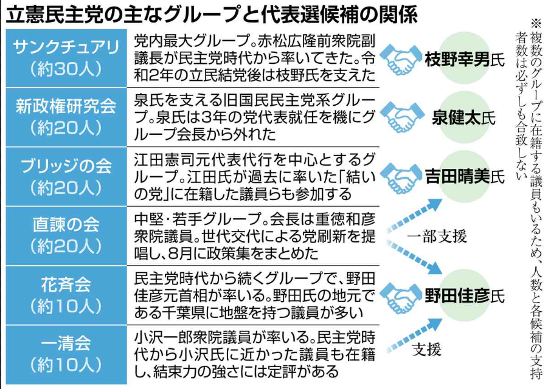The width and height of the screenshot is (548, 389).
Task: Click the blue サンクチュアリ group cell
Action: [x=66, y=58]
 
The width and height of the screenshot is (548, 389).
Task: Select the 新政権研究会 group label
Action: [x=66, y=106]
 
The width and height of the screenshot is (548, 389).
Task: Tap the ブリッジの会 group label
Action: [x=66, y=165]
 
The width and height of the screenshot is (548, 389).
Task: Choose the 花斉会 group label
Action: [x=66, y=284]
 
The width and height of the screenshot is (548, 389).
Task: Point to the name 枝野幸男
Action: [x=457, y=59]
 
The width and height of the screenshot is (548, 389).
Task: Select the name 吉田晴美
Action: [x=457, y=176]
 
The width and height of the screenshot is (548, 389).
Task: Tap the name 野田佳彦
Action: [x=457, y=296]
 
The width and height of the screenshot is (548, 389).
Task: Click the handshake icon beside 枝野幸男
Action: [x=401, y=59]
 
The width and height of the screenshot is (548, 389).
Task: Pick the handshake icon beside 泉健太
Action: [x=401, y=118]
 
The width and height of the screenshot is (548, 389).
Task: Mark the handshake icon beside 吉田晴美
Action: [x=401, y=177]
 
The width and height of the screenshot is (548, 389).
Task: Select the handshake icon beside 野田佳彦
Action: [x=401, y=296]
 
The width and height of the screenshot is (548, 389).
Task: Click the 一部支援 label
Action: [x=437, y=236]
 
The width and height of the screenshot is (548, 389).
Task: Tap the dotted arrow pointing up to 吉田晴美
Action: [x=414, y=215]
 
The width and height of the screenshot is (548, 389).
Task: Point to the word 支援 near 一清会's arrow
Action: [x=427, y=349]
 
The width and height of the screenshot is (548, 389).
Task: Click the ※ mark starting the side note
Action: [x=535, y=23]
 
